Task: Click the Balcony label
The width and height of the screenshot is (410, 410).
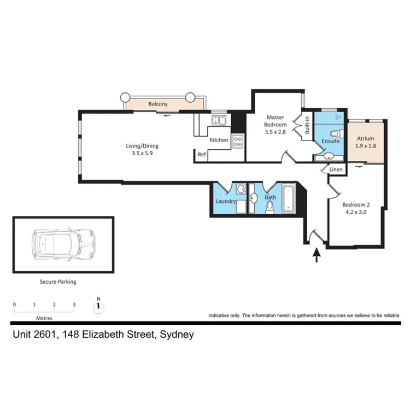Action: point(157,103)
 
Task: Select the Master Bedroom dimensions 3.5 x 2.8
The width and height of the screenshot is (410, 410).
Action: point(274,131)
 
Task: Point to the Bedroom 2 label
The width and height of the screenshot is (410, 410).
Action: point(354,206)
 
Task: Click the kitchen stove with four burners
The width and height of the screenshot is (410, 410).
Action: point(238,142)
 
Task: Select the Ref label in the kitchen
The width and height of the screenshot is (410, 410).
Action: point(202,155)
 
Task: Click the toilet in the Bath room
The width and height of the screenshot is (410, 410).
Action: point(269,207)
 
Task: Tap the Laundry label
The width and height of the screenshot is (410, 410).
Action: point(226,201)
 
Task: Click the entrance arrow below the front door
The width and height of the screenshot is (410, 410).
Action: point(316,255)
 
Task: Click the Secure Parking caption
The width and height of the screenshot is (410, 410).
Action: point(57,282)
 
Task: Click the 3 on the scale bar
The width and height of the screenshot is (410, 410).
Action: point(74,304)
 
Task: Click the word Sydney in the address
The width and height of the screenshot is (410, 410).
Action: point(176,334)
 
